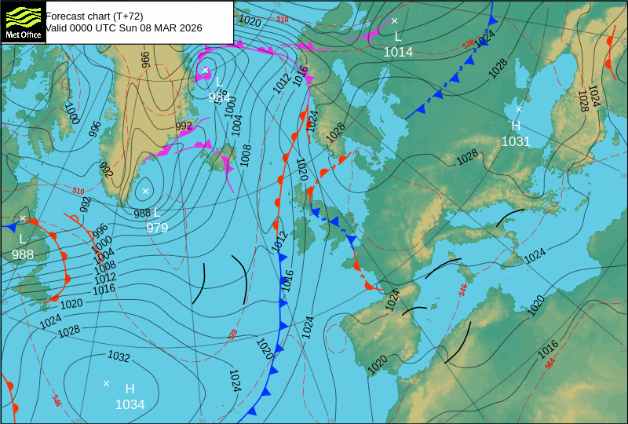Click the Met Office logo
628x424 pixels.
[24, 21]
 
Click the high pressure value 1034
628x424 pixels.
[130, 404]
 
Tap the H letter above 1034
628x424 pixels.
[130, 389]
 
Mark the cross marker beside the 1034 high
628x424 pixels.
[106, 383]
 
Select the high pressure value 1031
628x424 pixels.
[516, 141]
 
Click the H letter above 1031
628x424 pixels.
[516, 126]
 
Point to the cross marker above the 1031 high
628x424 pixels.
[519, 109]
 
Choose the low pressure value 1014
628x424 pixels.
[398, 52]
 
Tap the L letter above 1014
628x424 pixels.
[398, 36]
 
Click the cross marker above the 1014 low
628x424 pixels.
[394, 20]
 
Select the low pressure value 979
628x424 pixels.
[157, 228]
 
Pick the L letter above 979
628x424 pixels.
[157, 212]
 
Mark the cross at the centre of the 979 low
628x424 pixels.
[145, 191]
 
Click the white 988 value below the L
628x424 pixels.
[23, 254]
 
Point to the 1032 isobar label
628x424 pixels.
[119, 357]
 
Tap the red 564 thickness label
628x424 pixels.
[550, 362]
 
